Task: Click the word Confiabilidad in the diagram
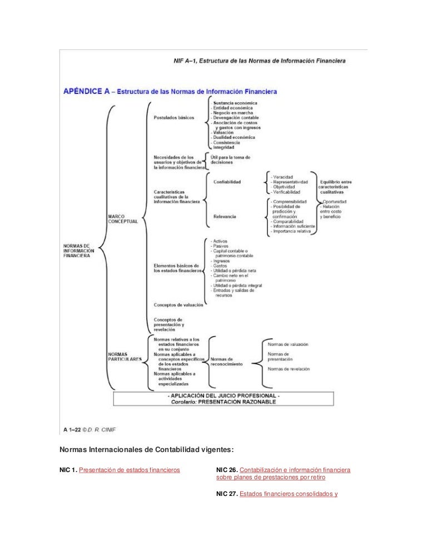(x=227, y=182)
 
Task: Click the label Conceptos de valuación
(x=178, y=305)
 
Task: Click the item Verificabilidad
(x=287, y=192)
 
